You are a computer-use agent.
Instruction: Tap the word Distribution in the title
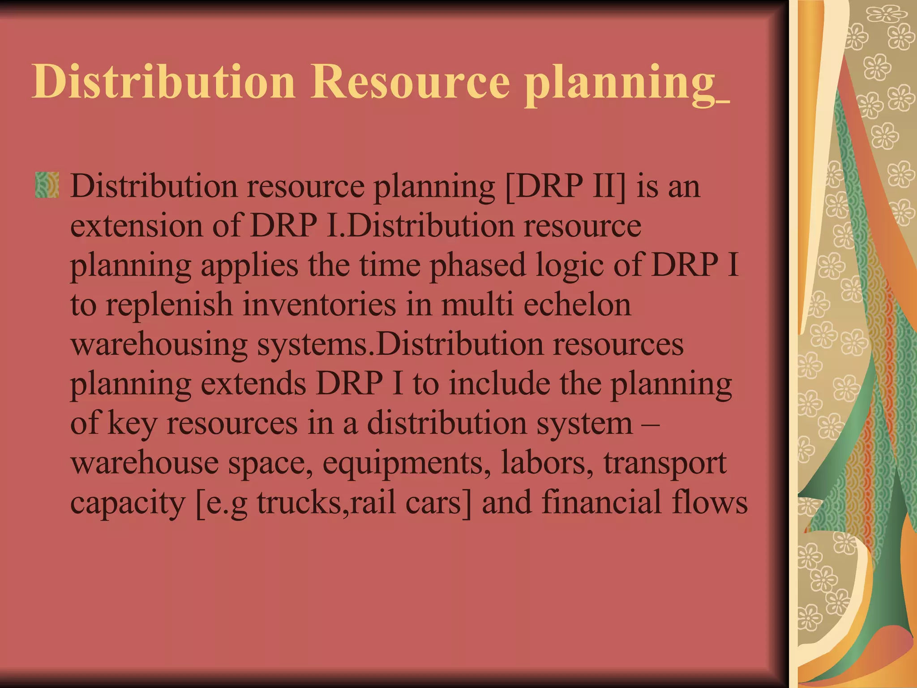[163, 82]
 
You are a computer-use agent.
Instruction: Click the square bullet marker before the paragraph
[47, 185]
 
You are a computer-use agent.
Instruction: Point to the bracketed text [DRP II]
[565, 186]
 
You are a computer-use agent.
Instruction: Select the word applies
[249, 266]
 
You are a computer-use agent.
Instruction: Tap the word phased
[477, 266]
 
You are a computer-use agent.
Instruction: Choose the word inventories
[320, 305]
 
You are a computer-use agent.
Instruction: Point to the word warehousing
[159, 345]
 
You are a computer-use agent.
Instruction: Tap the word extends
[253, 384]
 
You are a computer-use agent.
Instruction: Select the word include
[500, 384]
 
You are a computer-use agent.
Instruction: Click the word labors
[544, 463]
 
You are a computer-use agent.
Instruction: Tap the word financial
[601, 502]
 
